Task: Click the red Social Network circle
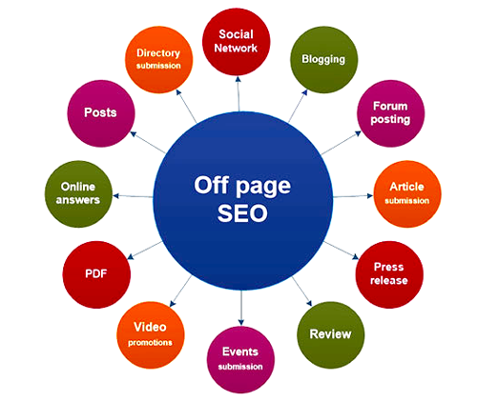(x=237, y=42)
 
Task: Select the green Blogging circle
(x=323, y=60)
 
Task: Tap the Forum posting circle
(x=390, y=113)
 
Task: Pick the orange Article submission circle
(x=407, y=194)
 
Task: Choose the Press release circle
(x=389, y=274)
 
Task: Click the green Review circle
(x=331, y=335)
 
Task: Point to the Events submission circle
(x=240, y=359)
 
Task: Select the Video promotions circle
(x=151, y=335)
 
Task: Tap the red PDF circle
(x=96, y=274)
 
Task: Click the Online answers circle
(x=78, y=194)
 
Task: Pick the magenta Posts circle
(x=101, y=113)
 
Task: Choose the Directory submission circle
(x=158, y=60)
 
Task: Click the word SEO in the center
(x=242, y=213)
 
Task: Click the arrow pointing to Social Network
(x=238, y=93)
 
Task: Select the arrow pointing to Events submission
(x=241, y=308)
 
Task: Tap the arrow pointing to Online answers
(x=133, y=196)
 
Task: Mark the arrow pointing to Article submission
(x=353, y=196)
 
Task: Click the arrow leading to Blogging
(x=298, y=106)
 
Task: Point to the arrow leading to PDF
(x=145, y=251)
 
